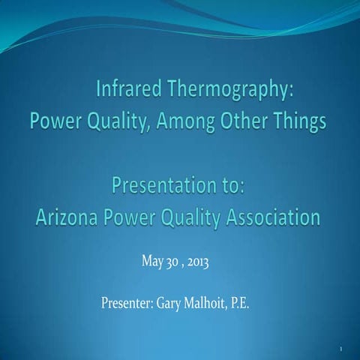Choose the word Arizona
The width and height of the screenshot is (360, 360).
[x=69, y=217]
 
